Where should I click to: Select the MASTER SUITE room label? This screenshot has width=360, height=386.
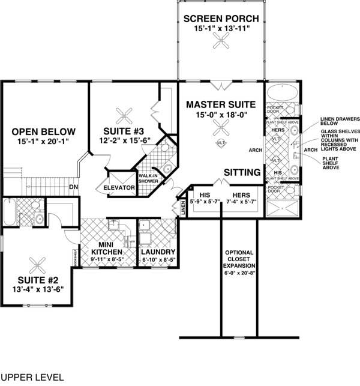[x=221, y=104]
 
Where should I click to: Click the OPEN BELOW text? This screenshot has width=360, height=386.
[x=44, y=131]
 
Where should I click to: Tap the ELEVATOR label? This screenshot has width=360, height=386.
[x=118, y=187]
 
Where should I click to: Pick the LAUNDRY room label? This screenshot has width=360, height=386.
[x=158, y=252]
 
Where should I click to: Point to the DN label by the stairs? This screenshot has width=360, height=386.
[x=73, y=187]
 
